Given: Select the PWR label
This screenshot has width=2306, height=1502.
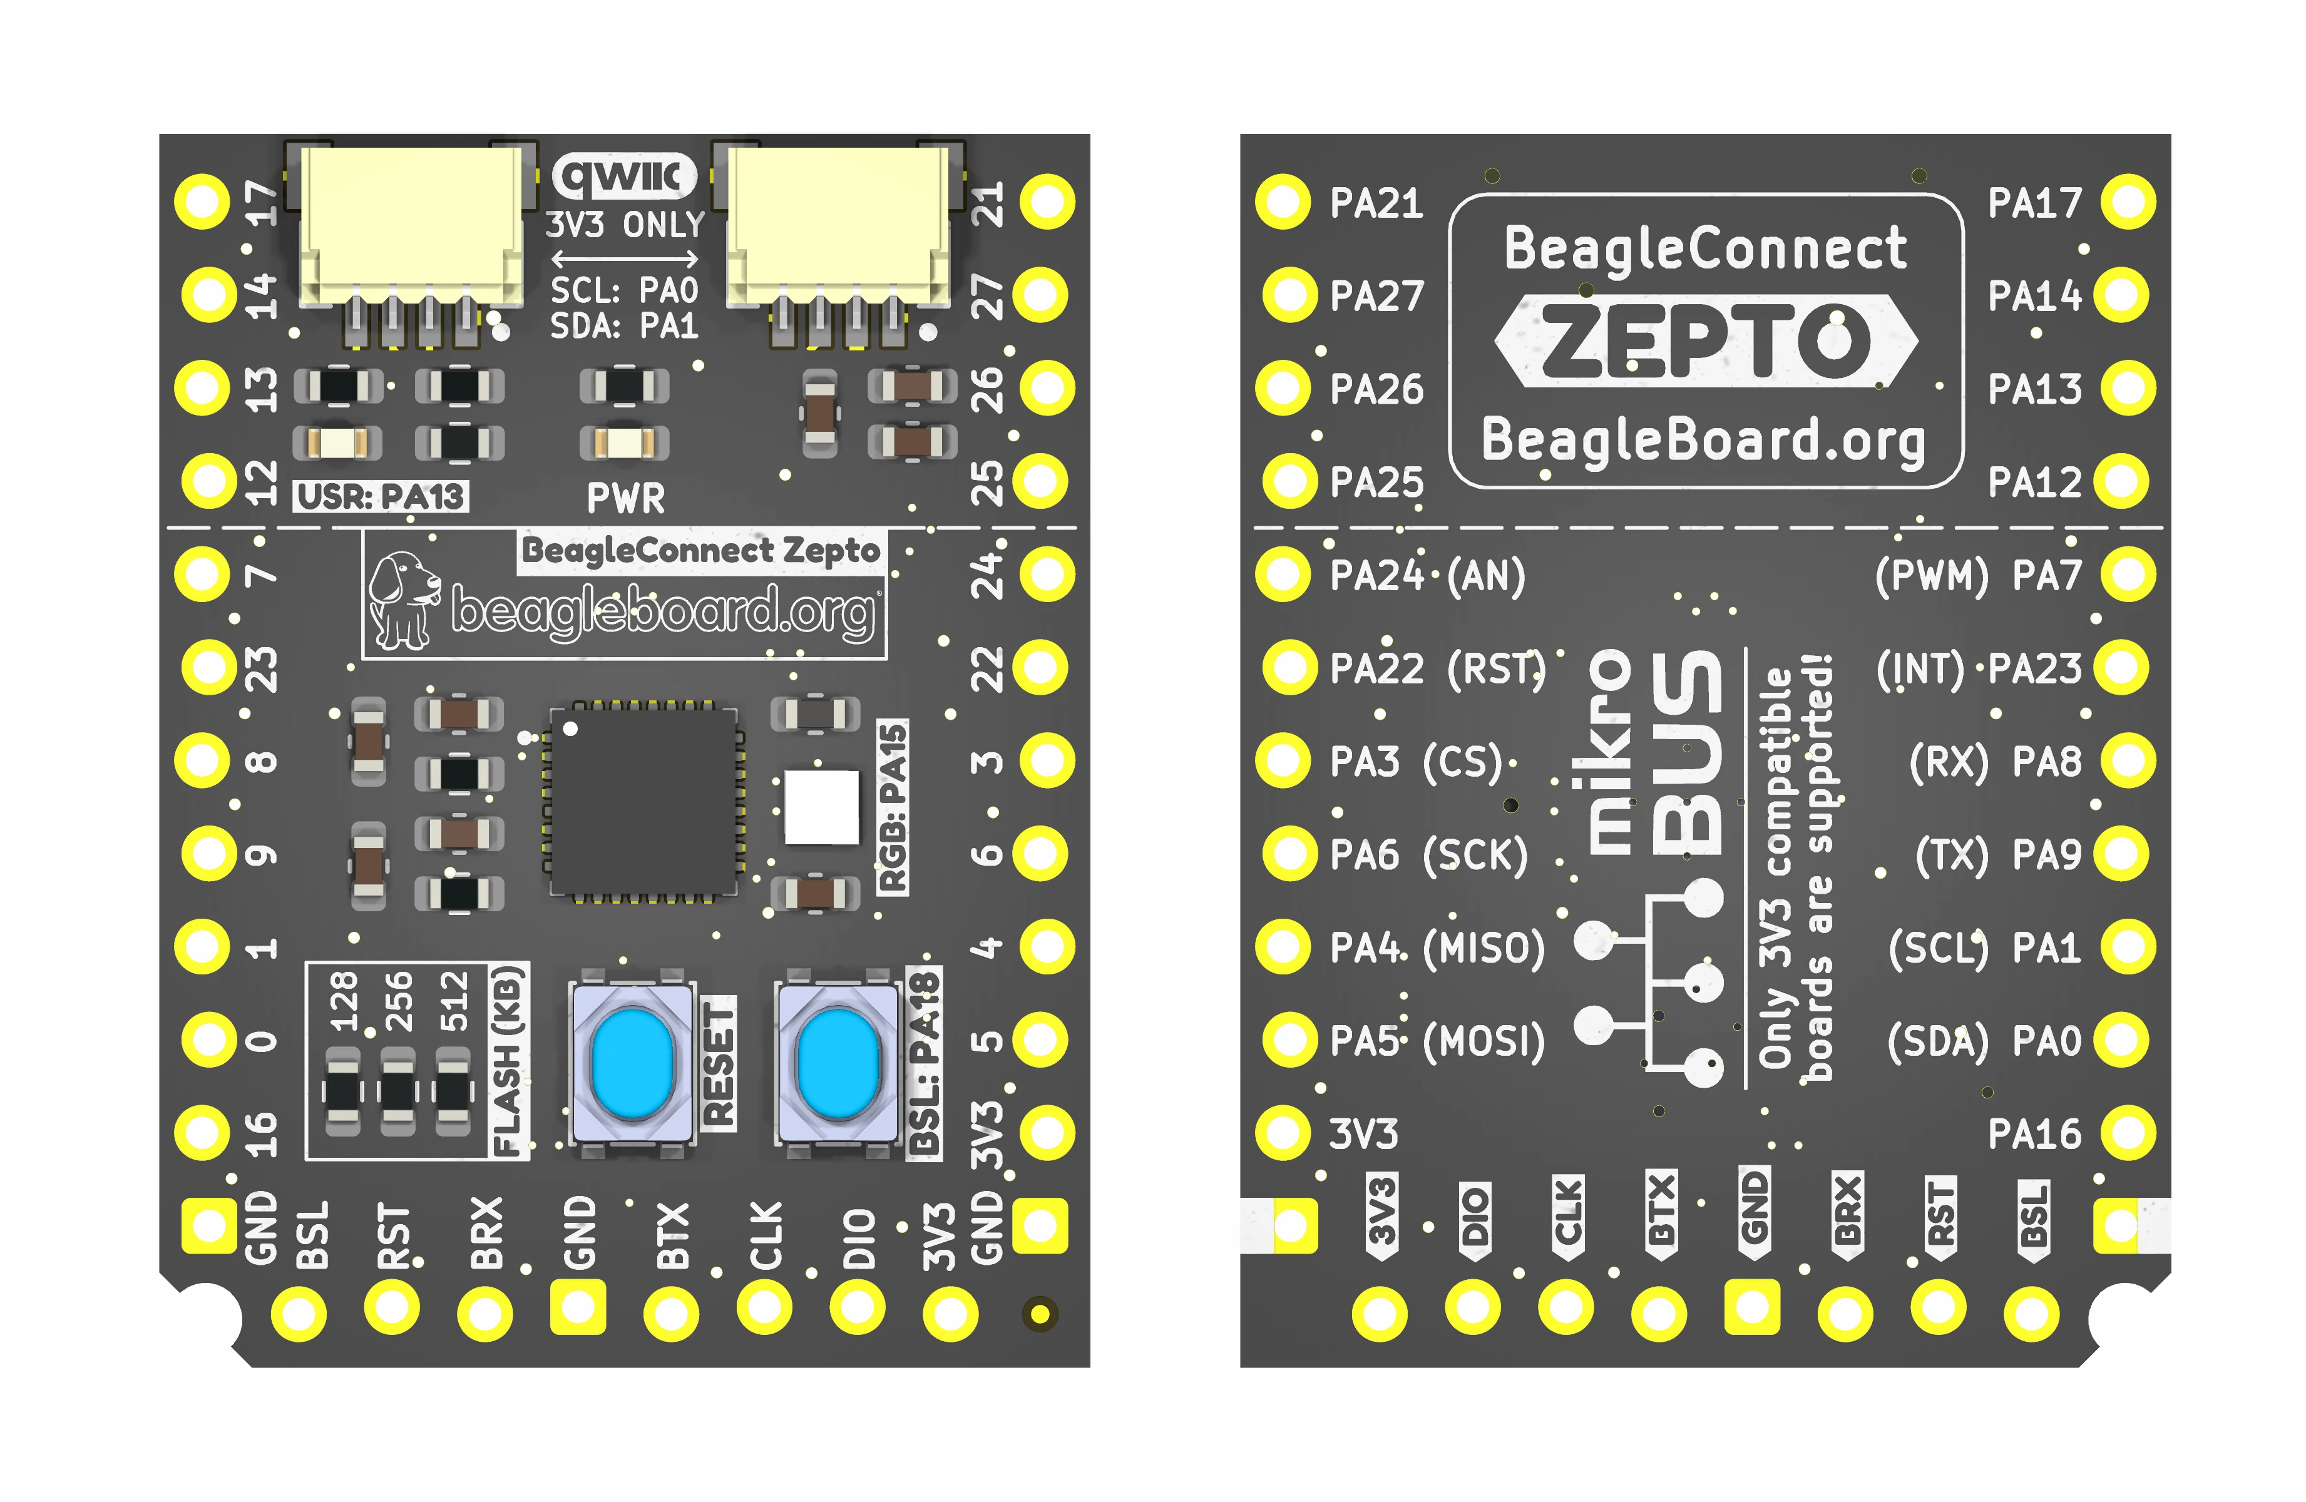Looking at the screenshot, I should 626,499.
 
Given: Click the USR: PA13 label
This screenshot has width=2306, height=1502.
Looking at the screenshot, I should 381,496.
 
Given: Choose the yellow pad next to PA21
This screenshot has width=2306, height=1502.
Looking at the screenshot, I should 1283,202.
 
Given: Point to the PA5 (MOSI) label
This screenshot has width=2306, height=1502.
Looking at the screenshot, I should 1437,1041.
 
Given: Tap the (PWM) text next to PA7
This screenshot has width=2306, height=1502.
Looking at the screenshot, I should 1931,576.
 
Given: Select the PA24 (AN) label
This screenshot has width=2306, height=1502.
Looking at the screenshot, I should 1427,576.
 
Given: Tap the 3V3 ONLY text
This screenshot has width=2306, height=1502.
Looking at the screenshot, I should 625,225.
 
